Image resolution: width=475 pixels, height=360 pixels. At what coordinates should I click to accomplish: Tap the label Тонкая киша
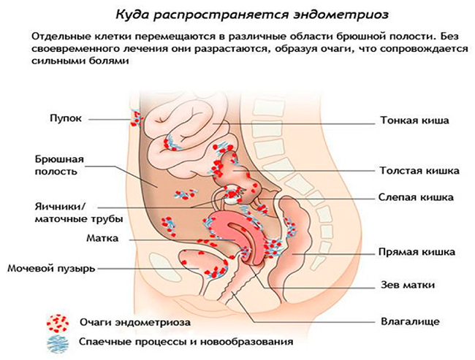[x=414, y=120]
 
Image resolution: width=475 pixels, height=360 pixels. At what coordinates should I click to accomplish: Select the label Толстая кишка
[x=419, y=171]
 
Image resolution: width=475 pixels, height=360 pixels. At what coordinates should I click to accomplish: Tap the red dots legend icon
[x=56, y=321]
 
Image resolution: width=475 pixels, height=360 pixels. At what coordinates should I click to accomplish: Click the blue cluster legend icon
[x=56, y=341]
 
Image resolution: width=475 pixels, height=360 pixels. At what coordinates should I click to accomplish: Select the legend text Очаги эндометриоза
[x=128, y=322]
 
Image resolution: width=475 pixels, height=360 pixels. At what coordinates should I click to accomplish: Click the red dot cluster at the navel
[x=137, y=117]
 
